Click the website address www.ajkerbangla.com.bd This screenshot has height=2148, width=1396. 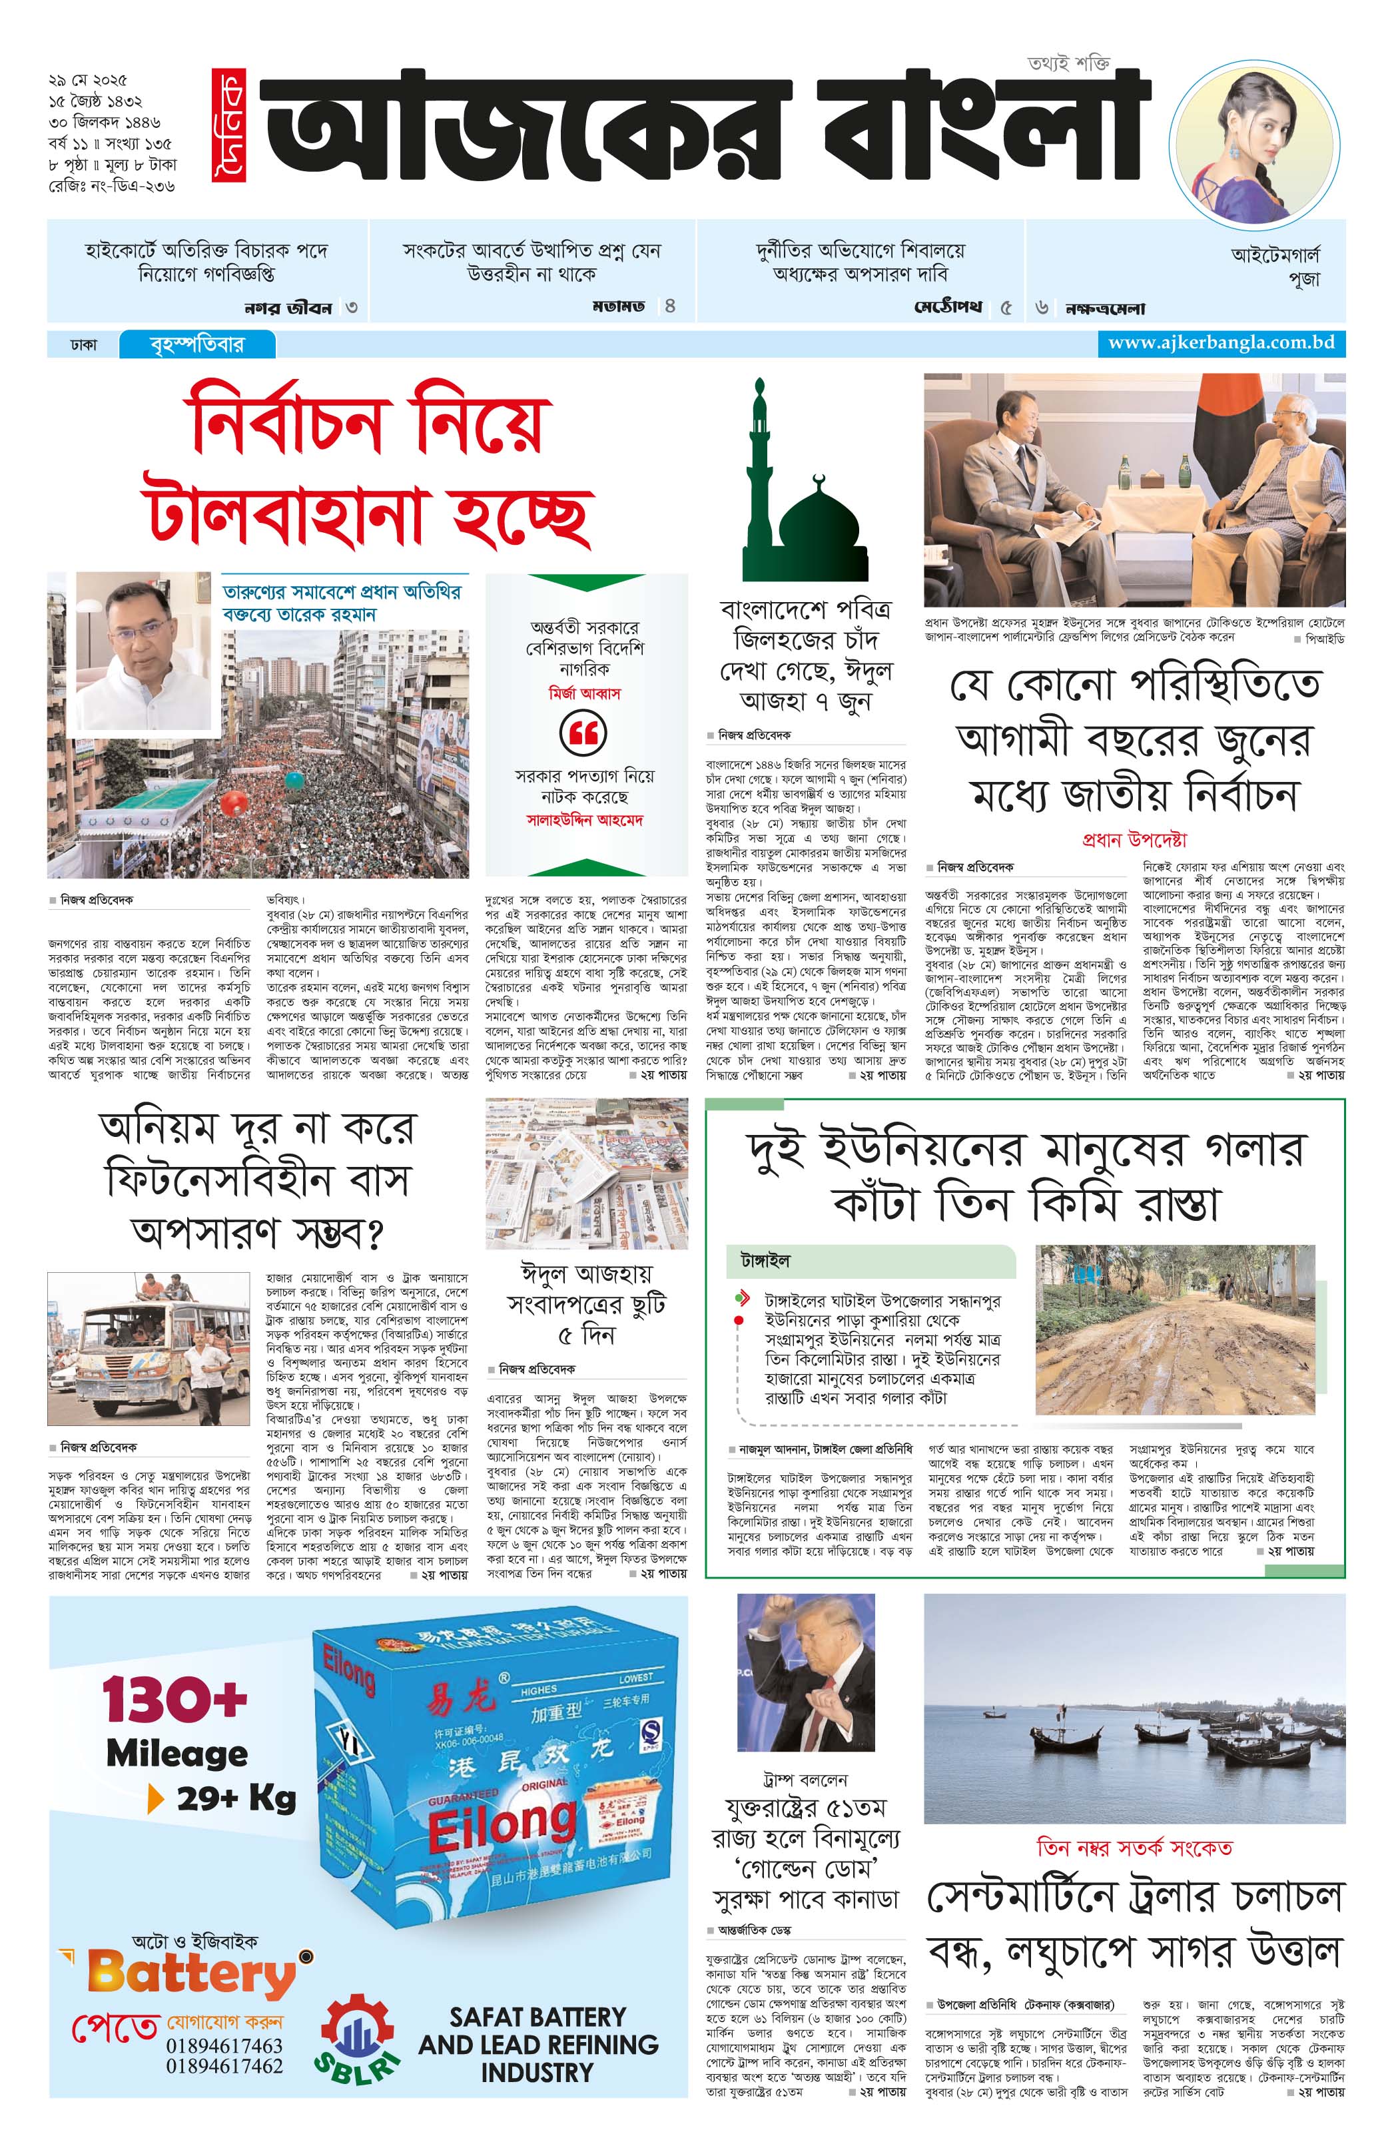point(1221,343)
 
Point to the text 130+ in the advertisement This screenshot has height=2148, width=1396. point(174,1700)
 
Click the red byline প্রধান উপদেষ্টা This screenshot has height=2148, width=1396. point(1134,839)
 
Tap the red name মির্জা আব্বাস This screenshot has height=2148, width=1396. point(585,693)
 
